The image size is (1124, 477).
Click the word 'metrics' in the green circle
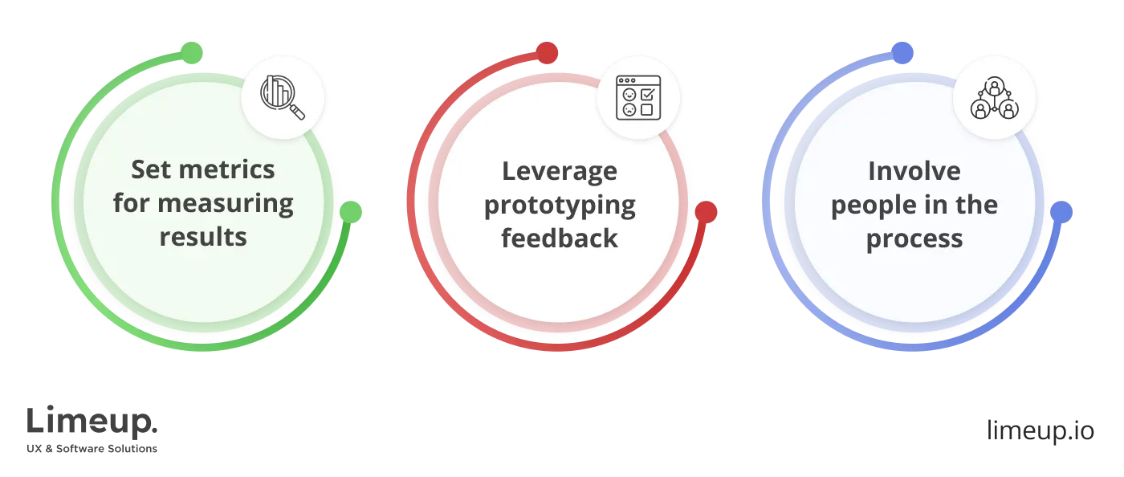(x=226, y=169)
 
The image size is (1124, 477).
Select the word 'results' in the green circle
(x=203, y=237)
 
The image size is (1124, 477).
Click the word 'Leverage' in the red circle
(x=560, y=172)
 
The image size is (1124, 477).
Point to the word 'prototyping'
(x=560, y=206)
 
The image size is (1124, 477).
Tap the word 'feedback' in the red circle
(x=560, y=238)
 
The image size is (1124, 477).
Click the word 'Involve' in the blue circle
(x=914, y=171)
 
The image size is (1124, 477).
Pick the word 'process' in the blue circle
(x=914, y=239)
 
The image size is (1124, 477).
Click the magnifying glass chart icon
(x=283, y=97)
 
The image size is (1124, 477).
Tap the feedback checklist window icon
(x=638, y=98)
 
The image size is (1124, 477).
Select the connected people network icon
(x=995, y=98)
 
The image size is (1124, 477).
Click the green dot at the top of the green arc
(x=192, y=53)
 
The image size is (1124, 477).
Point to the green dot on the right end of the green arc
(x=351, y=212)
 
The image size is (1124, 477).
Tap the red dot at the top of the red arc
(x=547, y=53)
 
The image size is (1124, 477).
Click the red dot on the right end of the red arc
(x=706, y=212)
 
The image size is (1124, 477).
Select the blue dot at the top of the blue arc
(x=902, y=53)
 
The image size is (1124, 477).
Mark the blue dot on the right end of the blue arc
(x=1061, y=212)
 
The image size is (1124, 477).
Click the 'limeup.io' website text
(x=1041, y=430)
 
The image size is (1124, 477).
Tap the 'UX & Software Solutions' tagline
(x=92, y=448)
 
